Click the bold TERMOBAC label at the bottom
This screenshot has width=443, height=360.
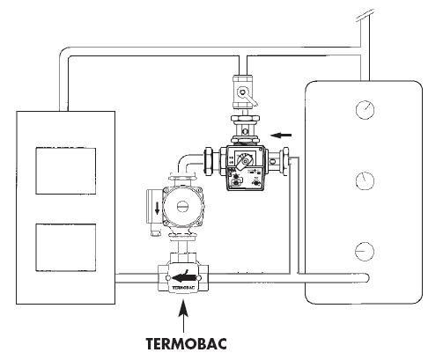tap(186, 343)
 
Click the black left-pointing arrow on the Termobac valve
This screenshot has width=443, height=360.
tap(184, 277)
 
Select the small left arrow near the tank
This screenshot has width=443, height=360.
tap(281, 135)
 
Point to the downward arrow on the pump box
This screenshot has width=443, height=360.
tap(158, 209)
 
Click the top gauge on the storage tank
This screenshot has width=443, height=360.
tap(365, 110)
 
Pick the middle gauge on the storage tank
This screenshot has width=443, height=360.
tap(365, 180)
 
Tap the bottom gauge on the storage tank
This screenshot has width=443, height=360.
tap(365, 252)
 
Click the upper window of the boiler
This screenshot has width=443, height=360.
tap(66, 171)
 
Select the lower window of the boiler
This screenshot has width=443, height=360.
tap(66, 247)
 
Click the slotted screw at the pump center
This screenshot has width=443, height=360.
tap(182, 207)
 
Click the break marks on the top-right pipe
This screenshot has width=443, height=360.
tap(365, 15)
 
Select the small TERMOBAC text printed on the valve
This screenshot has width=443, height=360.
tap(184, 288)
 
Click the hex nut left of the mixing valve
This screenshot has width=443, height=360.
tap(211, 161)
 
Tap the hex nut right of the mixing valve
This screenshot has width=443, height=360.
tap(285, 161)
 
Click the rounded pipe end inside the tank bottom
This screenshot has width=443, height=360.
tap(365, 277)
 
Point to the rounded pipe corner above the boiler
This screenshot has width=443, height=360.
tap(65, 53)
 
